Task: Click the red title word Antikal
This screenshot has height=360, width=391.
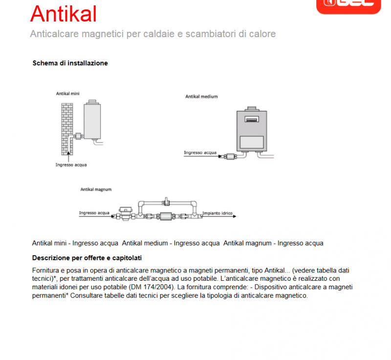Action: pyautogui.click(x=63, y=14)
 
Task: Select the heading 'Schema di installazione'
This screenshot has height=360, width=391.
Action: pyautogui.click(x=70, y=63)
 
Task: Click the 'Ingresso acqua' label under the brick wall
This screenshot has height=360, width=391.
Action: pyautogui.click(x=71, y=165)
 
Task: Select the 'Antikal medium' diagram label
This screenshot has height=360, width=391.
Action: pyautogui.click(x=201, y=97)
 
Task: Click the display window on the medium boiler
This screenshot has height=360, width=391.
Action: pyautogui.click(x=251, y=119)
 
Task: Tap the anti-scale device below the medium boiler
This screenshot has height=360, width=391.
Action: pyautogui.click(x=229, y=157)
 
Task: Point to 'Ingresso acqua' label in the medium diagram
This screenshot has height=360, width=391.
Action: pyautogui.click(x=199, y=153)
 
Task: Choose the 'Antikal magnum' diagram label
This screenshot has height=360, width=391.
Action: pyautogui.click(x=96, y=189)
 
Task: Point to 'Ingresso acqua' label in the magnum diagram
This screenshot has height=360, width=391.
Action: pyautogui.click(x=94, y=213)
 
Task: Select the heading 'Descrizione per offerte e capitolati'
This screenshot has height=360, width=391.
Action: pyautogui.click(x=87, y=258)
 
